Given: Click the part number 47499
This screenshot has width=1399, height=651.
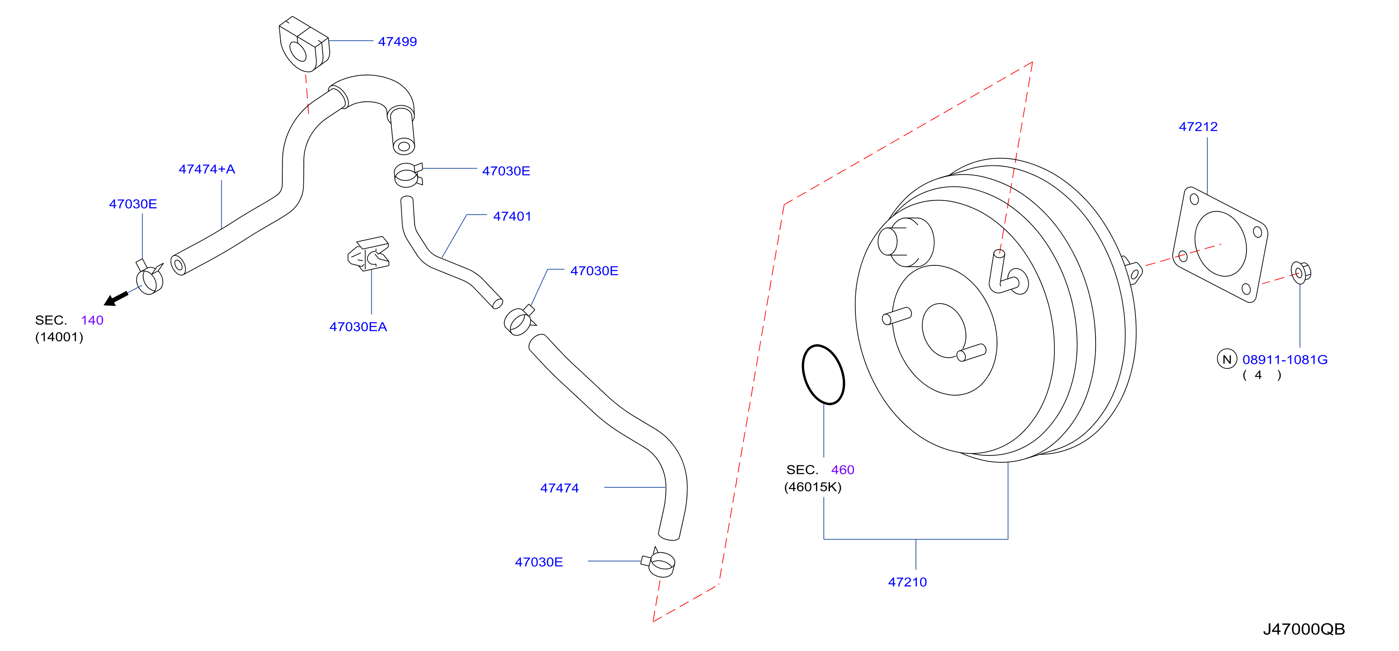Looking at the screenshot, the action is (x=398, y=42).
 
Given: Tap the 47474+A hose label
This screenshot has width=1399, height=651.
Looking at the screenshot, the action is (x=207, y=169).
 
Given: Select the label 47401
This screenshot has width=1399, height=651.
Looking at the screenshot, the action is (x=512, y=216).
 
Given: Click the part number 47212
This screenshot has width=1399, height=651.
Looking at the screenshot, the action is (x=1198, y=127).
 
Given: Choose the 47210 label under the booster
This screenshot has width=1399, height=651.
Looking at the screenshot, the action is (x=908, y=582).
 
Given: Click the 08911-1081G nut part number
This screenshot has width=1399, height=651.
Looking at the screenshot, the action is (x=1285, y=359).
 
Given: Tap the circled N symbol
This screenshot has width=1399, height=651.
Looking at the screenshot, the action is (x=1227, y=359).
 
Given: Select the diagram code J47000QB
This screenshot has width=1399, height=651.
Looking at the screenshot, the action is (x=1304, y=629).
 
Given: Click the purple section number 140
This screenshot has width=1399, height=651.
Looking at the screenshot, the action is (x=93, y=320).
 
